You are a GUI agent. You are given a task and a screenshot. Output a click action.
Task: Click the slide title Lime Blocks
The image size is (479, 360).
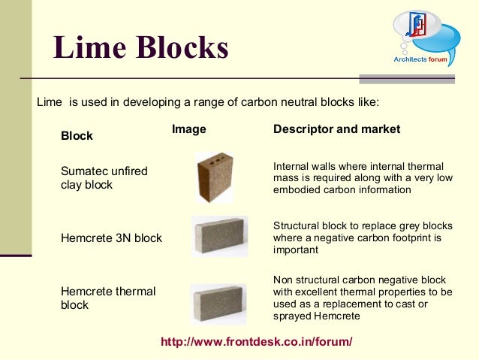(x=140, y=48)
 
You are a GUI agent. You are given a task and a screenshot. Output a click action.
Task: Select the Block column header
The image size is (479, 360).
(x=77, y=136)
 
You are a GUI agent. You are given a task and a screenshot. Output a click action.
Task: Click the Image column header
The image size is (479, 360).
(x=189, y=129)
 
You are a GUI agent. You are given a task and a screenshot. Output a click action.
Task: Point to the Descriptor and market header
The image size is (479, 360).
(x=336, y=129)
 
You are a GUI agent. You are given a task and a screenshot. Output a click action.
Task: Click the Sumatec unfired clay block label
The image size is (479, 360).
(x=104, y=177)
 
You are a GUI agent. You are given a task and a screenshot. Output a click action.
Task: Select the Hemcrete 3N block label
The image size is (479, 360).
(x=111, y=238)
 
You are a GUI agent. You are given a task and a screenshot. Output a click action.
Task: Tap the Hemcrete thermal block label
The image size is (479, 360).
(x=107, y=298)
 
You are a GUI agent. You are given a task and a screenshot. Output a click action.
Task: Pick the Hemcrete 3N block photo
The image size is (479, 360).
(x=220, y=237)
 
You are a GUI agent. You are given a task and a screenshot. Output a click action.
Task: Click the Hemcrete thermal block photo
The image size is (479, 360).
(x=218, y=303)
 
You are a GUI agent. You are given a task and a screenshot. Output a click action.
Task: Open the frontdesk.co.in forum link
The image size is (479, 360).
(x=257, y=342)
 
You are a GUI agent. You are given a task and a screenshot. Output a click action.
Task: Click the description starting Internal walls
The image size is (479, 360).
(x=358, y=178)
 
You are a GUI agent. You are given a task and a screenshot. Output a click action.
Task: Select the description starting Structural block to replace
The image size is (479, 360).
(x=363, y=237)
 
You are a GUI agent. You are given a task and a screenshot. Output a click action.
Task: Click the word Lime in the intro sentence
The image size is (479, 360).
(x=49, y=101)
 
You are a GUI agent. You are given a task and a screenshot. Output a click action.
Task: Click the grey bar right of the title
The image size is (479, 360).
(x=417, y=78)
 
